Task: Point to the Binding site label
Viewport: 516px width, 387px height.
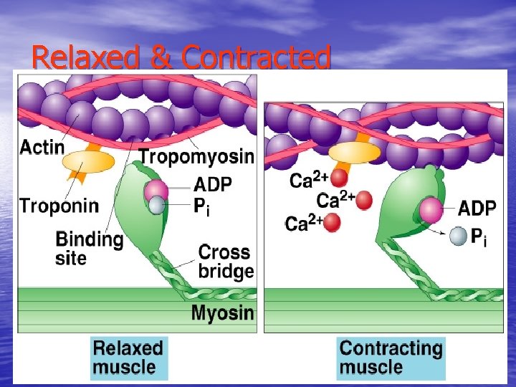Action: pyautogui.click(x=89, y=248)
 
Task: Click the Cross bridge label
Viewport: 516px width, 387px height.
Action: pyautogui.click(x=225, y=261)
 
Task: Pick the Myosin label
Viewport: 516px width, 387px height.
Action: pyautogui.click(x=222, y=313)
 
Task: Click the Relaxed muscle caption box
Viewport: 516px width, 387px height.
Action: pyautogui.click(x=129, y=358)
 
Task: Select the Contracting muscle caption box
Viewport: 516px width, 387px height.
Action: pyautogui.click(x=391, y=358)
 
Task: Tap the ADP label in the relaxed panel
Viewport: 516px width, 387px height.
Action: pyautogui.click(x=213, y=185)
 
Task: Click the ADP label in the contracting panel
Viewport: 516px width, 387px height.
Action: pyautogui.click(x=477, y=209)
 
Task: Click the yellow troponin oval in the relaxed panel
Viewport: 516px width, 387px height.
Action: pyautogui.click(x=89, y=161)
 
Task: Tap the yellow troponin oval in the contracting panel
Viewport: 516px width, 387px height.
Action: pyautogui.click(x=354, y=153)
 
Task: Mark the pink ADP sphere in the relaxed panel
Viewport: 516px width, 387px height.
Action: pyautogui.click(x=156, y=191)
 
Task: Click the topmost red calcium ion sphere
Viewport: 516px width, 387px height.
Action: pyautogui.click(x=338, y=177)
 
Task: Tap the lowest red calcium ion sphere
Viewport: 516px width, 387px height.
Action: pyautogui.click(x=331, y=223)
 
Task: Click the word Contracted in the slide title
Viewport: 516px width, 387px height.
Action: pyautogui.click(x=257, y=57)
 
